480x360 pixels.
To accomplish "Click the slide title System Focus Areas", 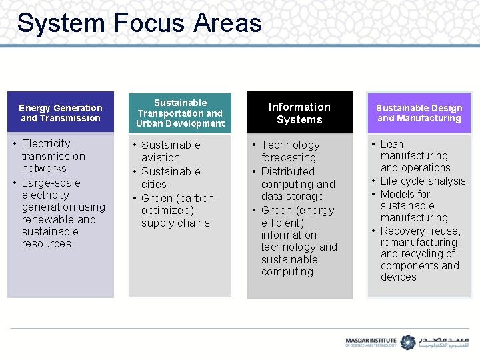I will tap(139, 23).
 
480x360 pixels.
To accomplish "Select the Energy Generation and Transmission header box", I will tap(61, 113).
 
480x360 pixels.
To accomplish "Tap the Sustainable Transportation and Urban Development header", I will tap(180, 113).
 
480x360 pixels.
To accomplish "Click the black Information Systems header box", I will tap(299, 113).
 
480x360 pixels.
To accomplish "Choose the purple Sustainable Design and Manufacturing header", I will tap(419, 113).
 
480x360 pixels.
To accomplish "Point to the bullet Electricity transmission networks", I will tap(53, 156).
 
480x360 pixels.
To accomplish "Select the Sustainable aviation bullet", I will tap(170, 151).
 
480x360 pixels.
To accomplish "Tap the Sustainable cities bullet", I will tap(170, 178).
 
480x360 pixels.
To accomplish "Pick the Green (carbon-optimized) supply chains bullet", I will tap(179, 211).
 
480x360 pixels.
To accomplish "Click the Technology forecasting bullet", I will tap(290, 151).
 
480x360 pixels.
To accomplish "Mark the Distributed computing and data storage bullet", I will tap(297, 184).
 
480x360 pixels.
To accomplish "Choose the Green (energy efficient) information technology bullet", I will tap(299, 241).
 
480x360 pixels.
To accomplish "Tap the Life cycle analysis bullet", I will tap(423, 181).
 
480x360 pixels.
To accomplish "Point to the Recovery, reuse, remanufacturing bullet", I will tap(420, 254).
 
